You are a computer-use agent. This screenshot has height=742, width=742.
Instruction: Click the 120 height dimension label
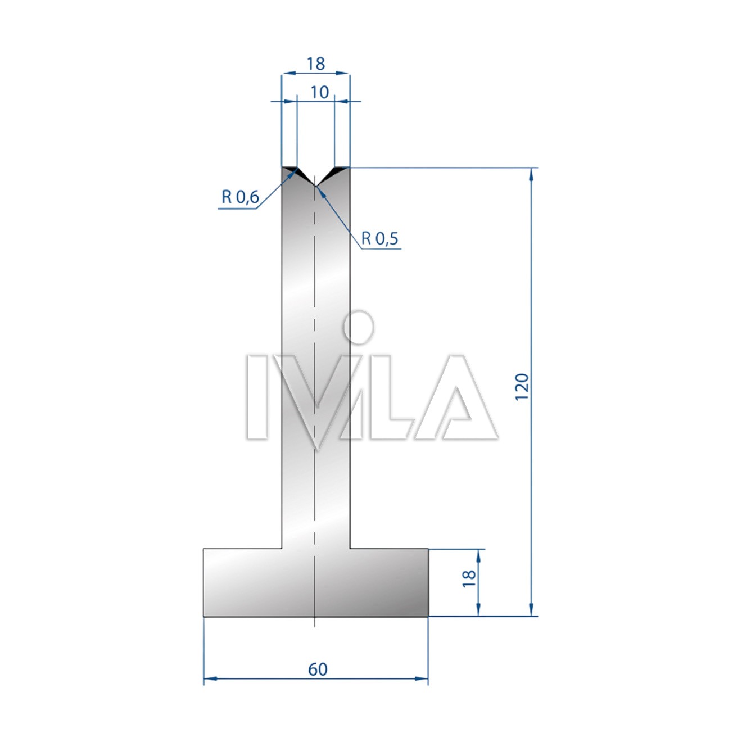point(522,387)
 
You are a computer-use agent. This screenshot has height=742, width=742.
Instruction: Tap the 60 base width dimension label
point(318,669)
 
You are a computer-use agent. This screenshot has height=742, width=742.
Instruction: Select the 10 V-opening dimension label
point(320,92)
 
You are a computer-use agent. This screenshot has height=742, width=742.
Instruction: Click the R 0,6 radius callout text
point(240,197)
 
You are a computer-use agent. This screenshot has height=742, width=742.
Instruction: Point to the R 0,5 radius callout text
point(379,239)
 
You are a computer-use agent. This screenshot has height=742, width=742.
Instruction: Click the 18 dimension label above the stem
point(316,64)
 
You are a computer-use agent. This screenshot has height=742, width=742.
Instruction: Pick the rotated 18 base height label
point(469,578)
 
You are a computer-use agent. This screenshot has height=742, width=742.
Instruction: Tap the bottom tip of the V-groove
point(315,187)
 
